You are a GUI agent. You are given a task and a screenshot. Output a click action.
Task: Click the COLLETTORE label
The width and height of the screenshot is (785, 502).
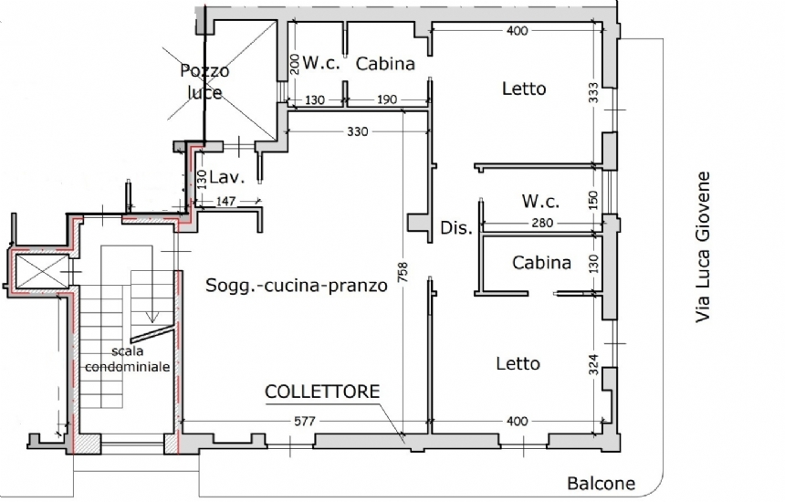[x=322, y=392]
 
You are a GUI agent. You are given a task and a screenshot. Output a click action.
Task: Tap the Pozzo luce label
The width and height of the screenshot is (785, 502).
[x=204, y=81]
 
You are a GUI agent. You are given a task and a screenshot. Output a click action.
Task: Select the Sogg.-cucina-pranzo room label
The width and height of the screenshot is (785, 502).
[x=297, y=286]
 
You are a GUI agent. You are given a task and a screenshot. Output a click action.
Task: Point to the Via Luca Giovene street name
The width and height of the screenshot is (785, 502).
[x=703, y=247]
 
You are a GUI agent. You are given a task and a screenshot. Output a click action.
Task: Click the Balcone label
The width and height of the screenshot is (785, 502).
[x=601, y=484]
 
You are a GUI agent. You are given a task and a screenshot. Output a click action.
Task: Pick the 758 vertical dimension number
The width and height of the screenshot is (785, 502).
[x=403, y=272]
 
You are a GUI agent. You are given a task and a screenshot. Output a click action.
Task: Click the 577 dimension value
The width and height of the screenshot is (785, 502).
[x=304, y=421]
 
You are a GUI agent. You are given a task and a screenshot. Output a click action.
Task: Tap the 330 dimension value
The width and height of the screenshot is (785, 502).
[x=358, y=131]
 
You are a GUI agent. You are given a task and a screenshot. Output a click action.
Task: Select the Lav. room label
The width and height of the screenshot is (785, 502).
[x=226, y=177]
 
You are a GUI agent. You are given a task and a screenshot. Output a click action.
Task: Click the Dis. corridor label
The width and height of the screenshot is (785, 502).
[x=456, y=228]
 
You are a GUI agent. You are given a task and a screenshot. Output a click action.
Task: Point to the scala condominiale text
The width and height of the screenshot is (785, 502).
[x=127, y=359]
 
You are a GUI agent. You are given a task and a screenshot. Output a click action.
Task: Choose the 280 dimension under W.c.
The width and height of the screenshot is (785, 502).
[x=542, y=222]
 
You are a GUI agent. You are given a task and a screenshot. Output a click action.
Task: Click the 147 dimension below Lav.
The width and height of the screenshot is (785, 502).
[x=225, y=201]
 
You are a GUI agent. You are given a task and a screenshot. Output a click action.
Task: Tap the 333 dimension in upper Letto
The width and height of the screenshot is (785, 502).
[x=593, y=92]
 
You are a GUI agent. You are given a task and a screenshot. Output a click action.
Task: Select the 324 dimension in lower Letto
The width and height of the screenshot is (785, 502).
[x=593, y=364]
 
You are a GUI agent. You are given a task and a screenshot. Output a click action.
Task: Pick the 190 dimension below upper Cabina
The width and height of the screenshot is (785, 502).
[x=387, y=99]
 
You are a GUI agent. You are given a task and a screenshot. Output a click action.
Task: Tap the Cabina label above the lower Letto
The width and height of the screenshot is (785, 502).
[x=541, y=262]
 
